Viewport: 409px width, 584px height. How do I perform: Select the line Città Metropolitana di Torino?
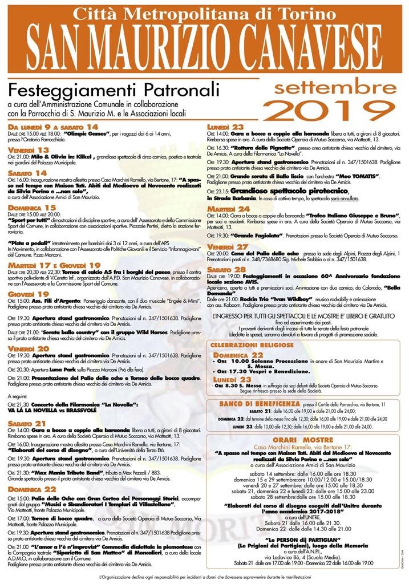coord(204,13)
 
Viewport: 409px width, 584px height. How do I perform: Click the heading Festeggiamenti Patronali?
coord(114,90)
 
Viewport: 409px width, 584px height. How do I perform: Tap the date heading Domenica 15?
coord(32,208)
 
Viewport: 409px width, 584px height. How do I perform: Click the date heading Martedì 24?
coord(228,209)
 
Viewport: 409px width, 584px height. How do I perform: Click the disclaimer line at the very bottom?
coord(204,577)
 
